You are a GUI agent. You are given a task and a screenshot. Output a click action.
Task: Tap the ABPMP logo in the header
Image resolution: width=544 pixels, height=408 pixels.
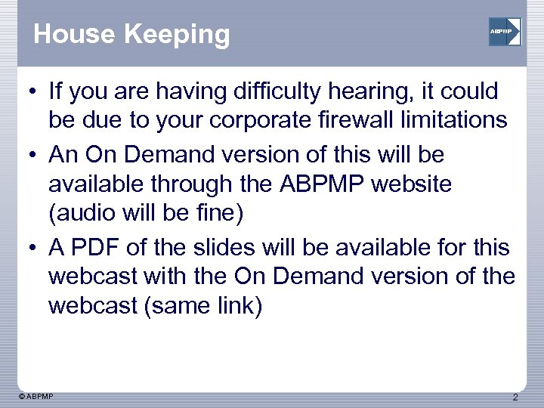[504, 32]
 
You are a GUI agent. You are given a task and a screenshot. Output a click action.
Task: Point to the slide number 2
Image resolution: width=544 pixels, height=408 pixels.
[515, 397]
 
